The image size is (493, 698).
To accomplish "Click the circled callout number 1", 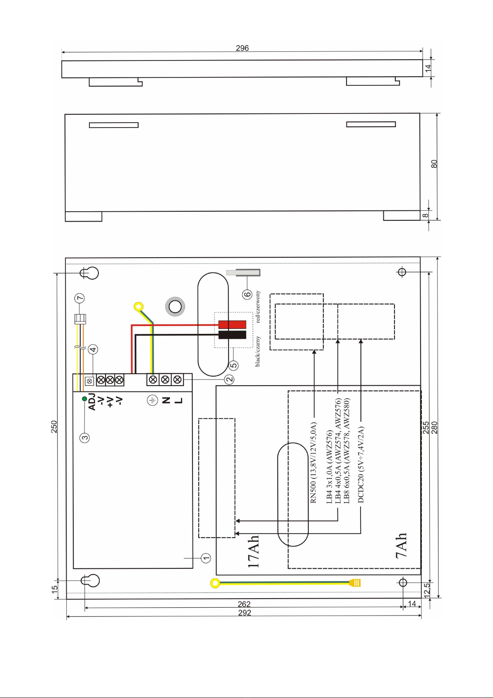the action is point(206,558).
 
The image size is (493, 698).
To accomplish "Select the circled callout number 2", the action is point(229,379).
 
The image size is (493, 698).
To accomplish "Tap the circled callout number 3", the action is point(84,437).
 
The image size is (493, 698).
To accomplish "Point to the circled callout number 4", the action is point(93,349).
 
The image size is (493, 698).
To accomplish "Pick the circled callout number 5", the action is point(233,365).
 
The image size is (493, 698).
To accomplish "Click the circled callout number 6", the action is point(247,294).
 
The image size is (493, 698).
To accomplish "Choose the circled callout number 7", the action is point(80,298).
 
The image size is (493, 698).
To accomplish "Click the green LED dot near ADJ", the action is point(84,399).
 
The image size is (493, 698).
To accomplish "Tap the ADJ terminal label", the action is point(92,402).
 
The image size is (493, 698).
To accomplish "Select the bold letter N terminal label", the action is point(166,400).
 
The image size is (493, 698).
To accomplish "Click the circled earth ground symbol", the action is point(152,400).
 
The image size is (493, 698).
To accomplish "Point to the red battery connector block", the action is point(232,324).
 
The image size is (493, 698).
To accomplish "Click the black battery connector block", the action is point(232,335).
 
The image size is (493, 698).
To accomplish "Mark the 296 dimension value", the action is point(242,48).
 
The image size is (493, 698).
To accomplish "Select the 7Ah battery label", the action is point(401,545).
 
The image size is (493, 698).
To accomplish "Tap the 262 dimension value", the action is point(244,604).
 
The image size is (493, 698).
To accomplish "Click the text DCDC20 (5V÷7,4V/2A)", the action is point(361,465).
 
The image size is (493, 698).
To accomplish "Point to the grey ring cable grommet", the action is point(175,307).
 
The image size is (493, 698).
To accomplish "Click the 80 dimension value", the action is point(434,164).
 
